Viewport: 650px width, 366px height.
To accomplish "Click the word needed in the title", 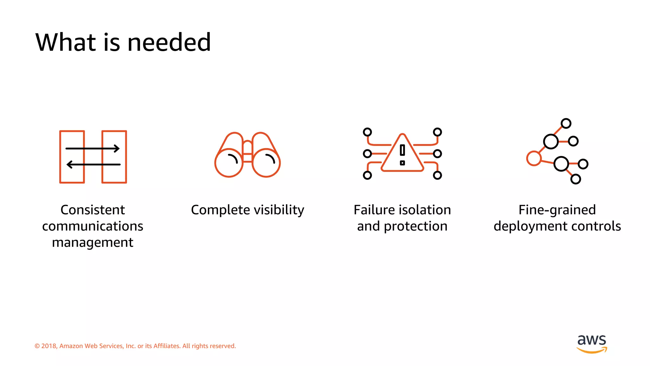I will [169, 42].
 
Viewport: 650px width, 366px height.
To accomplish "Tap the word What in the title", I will [65, 42].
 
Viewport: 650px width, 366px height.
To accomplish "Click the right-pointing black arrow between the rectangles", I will [92, 148].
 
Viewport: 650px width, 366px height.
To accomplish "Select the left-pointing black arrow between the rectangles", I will [93, 164].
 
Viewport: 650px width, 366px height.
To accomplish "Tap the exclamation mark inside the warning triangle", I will [402, 154].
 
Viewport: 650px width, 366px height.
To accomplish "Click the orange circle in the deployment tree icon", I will [534, 158].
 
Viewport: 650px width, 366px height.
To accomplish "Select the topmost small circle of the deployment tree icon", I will [566, 123].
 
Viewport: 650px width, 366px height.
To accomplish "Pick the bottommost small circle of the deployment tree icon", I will [575, 179].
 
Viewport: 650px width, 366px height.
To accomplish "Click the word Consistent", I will [93, 210].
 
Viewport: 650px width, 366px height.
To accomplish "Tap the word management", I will [93, 243].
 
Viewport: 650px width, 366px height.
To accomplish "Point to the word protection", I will [415, 226].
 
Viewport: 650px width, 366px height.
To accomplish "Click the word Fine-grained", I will [557, 210].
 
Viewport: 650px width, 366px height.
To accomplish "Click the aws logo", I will [592, 343].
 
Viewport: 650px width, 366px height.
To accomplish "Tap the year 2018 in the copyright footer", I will [49, 346].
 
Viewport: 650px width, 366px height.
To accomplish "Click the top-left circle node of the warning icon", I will [367, 132].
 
